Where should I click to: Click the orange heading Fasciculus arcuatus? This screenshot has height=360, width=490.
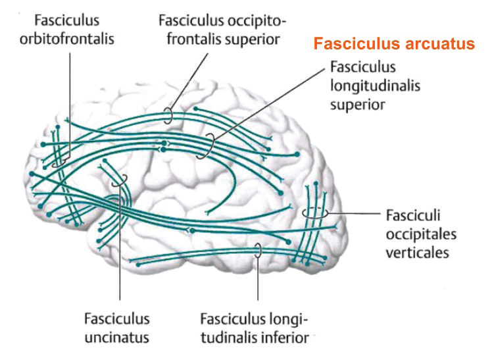(393, 44)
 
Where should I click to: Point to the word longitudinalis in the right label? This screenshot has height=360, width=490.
(376, 86)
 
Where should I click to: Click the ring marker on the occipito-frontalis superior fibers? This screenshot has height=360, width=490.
(168, 116)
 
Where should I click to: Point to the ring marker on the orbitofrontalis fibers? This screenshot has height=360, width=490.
(61, 160)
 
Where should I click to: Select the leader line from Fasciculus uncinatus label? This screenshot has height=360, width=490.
(120, 263)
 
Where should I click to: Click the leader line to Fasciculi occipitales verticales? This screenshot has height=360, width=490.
(352, 214)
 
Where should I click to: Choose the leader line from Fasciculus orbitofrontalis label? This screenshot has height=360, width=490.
(68, 99)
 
